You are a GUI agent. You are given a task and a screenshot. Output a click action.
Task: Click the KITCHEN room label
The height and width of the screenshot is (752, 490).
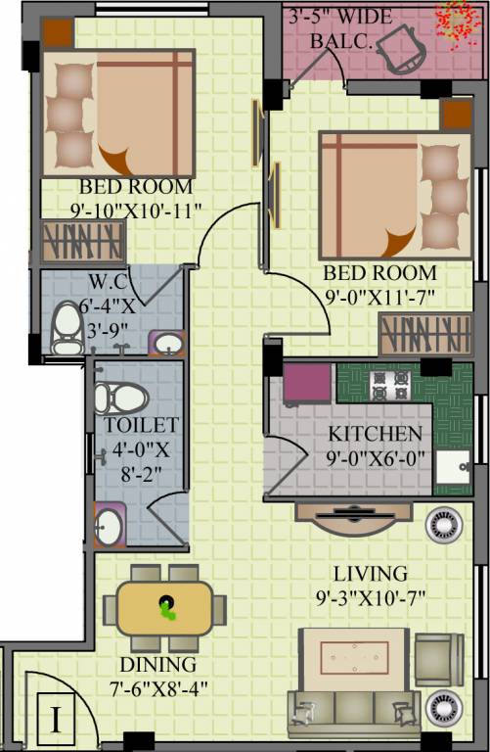[x=376, y=434]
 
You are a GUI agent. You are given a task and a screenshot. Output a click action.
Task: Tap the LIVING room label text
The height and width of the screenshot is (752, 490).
[x=369, y=573]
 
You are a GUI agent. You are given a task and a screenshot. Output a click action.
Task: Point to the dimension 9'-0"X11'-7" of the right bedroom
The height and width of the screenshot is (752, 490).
[x=379, y=293]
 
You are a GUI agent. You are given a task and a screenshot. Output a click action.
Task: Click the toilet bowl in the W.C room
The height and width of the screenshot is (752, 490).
[x=67, y=328]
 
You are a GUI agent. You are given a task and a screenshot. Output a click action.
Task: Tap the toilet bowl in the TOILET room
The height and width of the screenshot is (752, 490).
[x=119, y=398]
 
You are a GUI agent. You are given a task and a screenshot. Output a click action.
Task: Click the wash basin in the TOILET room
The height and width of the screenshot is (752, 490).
[x=108, y=527]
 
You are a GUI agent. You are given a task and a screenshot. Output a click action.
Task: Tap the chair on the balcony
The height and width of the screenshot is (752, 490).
[x=400, y=46]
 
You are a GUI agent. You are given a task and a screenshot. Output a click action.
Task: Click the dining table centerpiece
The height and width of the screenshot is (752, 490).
[x=169, y=607]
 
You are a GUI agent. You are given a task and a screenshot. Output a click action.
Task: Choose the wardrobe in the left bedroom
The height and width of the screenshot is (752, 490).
[x=82, y=239]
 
